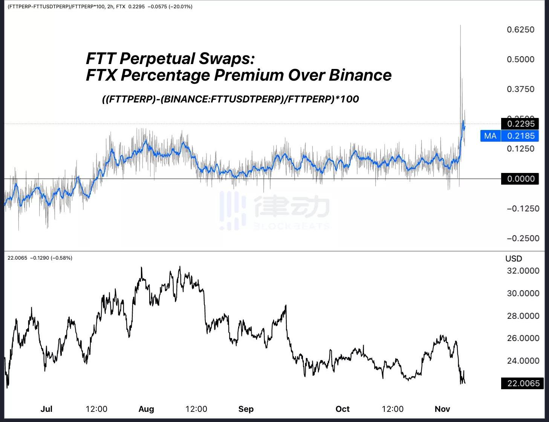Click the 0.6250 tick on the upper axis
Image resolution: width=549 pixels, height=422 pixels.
coord(520,30)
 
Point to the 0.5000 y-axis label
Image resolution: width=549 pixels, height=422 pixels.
coord(520,60)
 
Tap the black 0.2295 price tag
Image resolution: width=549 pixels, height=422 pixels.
coord(520,124)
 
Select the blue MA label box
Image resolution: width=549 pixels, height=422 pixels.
coord(490,136)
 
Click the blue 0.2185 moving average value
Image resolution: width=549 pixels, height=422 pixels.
coord(520,136)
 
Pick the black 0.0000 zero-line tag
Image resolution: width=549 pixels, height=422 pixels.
coord(520,179)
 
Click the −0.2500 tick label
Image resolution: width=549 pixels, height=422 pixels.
coord(523,238)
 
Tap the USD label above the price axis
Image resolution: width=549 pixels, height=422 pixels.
coord(513,258)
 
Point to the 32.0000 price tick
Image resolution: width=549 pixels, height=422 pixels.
coord(523,271)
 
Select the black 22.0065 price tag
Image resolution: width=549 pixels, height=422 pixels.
coord(523,383)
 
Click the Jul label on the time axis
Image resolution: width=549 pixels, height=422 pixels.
coord(46,409)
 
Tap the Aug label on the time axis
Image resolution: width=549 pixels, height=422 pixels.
coord(146,409)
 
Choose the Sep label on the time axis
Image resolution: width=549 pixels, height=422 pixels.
coord(246,409)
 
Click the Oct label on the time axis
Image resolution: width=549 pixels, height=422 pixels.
coord(343,409)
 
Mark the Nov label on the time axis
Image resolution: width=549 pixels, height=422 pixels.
coord(442,409)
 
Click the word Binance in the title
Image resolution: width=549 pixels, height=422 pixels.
coord(360,75)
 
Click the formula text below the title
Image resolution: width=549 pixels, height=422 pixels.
coord(230,99)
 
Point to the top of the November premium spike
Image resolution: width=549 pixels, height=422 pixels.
coord(460,26)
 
